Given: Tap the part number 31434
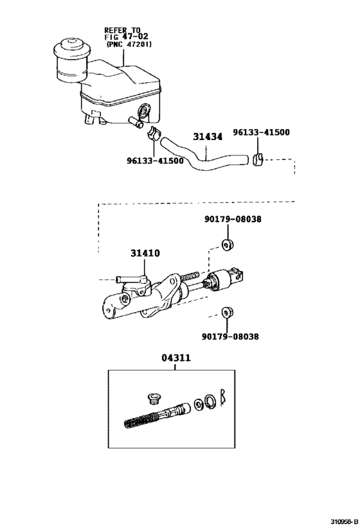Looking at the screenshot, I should pyautogui.click(x=207, y=137).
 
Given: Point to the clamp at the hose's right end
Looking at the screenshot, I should pyautogui.click(x=258, y=159).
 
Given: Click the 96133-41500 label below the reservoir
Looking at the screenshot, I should pyautogui.click(x=155, y=161).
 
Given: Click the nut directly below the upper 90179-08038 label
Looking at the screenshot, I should pyautogui.click(x=226, y=244).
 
